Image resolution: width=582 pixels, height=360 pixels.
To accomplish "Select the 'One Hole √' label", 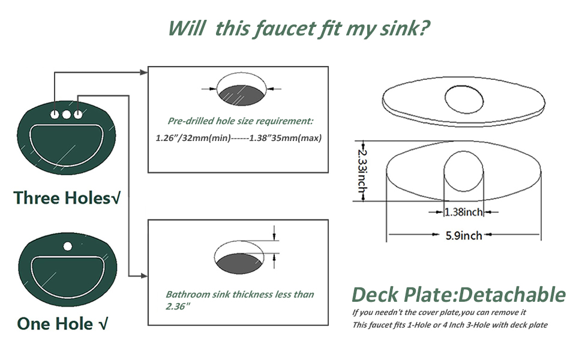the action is tap(63, 324).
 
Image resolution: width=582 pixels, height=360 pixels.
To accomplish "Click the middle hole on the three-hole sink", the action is tap(67, 114).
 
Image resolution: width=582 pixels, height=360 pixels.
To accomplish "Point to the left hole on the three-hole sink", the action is tap(55, 114).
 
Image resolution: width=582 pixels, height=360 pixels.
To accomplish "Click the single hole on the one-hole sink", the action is tap(68, 246).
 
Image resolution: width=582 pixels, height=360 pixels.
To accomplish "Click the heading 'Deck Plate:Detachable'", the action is tap(458, 295).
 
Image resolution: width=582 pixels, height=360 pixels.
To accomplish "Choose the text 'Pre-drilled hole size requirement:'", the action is tap(240, 121).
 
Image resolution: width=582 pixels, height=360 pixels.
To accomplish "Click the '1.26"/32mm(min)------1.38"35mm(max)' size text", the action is tap(239, 138).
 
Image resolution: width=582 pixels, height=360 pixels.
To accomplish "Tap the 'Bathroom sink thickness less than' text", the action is tap(239, 295).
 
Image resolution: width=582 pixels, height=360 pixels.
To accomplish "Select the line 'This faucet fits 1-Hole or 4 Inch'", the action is tap(449, 325).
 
